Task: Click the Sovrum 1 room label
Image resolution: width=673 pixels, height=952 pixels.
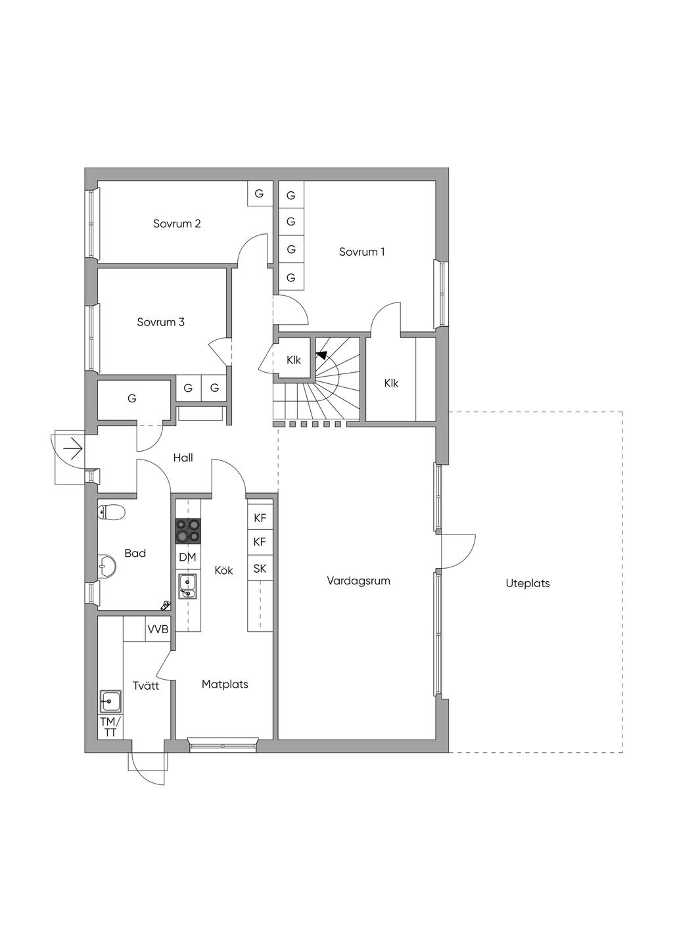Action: tap(361, 252)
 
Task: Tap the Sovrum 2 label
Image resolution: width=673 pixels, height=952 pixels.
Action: tap(177, 224)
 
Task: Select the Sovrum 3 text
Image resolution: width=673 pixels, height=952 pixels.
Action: tap(160, 322)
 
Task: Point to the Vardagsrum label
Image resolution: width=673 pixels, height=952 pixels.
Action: tap(358, 581)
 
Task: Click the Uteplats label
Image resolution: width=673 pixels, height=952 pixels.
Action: tap(528, 583)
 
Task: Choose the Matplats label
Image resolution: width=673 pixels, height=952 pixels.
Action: tap(225, 684)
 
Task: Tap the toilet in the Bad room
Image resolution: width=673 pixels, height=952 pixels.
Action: tap(111, 512)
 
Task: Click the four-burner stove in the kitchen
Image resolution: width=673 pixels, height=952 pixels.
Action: tap(188, 531)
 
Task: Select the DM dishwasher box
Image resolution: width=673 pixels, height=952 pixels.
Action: tap(187, 558)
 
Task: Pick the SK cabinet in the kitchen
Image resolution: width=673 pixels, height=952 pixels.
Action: tap(260, 569)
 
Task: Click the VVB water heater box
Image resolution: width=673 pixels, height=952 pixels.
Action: tap(158, 629)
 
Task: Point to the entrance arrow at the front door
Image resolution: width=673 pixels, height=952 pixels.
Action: tap(72, 450)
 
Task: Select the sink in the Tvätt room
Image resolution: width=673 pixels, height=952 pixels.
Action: tap(110, 702)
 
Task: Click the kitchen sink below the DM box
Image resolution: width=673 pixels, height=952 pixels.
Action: tap(187, 585)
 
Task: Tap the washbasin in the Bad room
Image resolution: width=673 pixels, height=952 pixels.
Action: tap(106, 563)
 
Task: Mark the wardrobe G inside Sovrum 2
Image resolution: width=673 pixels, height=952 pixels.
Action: tap(259, 194)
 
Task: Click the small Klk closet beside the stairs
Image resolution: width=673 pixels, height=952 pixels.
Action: tap(293, 360)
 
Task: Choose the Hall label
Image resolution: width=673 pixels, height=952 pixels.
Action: tap(183, 458)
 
